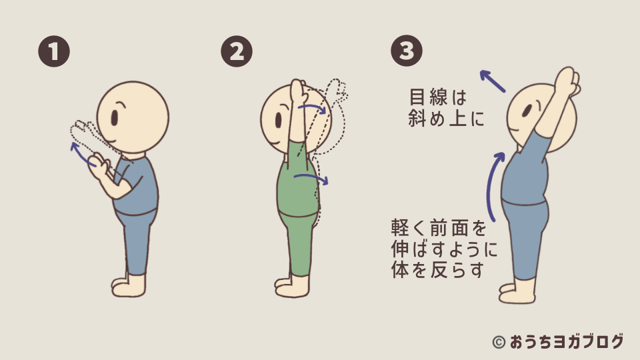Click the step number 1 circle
pos(54,51)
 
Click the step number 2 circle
pos(237,51)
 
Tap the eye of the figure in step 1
pos(114,118)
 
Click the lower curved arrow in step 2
pos(311,178)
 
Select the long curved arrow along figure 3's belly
pos(492,186)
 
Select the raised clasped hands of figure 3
pos(569,79)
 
